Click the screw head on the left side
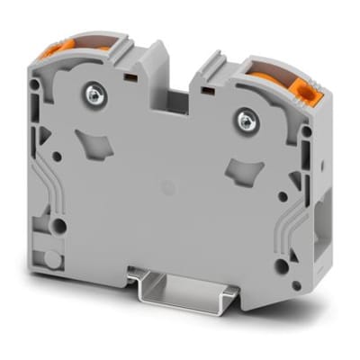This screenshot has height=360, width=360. [94, 93]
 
